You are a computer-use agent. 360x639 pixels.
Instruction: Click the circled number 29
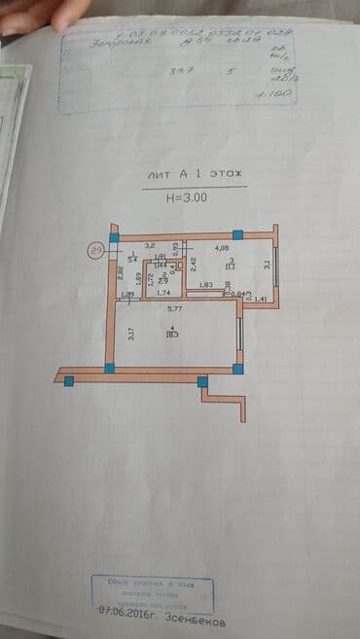(96, 250)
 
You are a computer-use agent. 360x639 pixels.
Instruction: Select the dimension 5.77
(174, 307)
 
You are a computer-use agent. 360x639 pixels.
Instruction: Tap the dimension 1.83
(205, 284)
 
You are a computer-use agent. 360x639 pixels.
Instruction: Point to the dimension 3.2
(150, 247)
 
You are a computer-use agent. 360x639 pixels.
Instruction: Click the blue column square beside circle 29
(114, 237)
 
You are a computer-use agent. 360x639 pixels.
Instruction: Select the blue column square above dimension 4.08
(237, 234)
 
